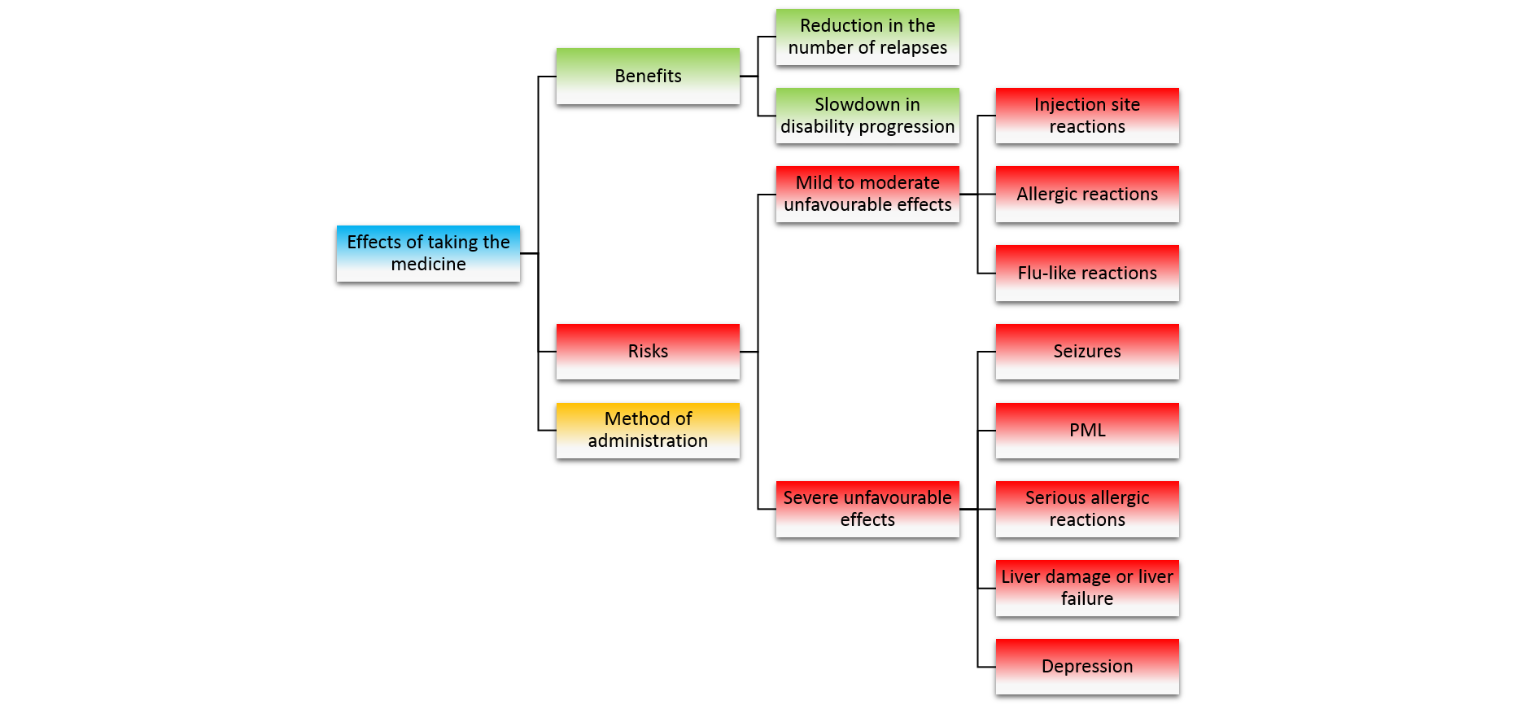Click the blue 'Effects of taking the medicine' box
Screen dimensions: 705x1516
pos(428,253)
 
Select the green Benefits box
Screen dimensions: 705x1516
pos(648,76)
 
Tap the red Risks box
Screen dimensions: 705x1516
pos(648,351)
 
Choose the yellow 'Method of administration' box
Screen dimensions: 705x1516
pos(648,430)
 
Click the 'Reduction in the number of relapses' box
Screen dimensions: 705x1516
pos(867,37)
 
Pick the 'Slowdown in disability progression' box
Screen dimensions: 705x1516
pos(867,116)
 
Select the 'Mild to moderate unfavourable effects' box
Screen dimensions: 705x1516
pos(867,194)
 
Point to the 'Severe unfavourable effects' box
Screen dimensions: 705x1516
pos(867,509)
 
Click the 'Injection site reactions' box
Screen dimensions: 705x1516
pos(1087,116)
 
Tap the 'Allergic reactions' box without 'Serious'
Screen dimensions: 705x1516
pos(1087,194)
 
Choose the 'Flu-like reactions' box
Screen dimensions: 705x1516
pos(1087,273)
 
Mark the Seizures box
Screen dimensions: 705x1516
pos(1087,351)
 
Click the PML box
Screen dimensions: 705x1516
pos(1087,430)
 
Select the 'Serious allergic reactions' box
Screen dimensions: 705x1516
pos(1087,509)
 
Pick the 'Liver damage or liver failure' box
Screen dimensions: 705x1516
pos(1087,588)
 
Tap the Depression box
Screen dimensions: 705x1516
pos(1087,666)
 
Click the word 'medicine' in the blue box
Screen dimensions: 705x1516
pos(428,265)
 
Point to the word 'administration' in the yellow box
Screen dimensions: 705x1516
pos(648,441)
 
